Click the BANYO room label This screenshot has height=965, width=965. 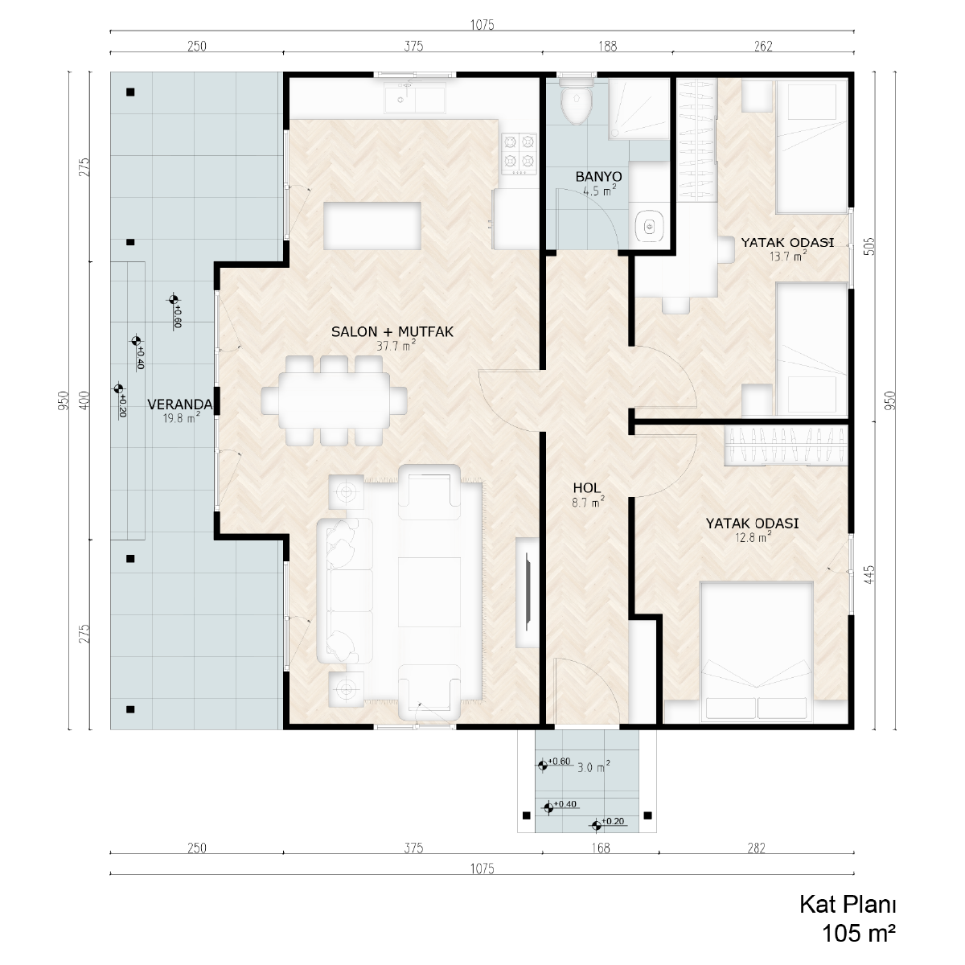coord(598,176)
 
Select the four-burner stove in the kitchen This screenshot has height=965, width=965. coord(519,154)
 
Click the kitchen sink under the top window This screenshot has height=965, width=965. coord(415,101)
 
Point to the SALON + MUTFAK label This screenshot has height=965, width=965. coord(392,331)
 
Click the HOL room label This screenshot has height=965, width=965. coord(586,488)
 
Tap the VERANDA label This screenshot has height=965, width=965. coord(180,404)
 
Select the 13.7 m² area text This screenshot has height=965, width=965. coord(788,256)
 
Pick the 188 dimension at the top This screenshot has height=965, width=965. coord(607,46)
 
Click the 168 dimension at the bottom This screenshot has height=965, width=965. coord(601,848)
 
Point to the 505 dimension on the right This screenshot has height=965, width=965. coord(869,246)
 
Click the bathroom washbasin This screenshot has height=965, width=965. coord(650,227)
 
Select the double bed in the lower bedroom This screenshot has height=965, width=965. coord(756,651)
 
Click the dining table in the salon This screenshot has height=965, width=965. coord(334,400)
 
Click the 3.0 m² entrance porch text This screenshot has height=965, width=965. coord(593,766)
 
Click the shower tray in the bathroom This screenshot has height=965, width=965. coord(639,109)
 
